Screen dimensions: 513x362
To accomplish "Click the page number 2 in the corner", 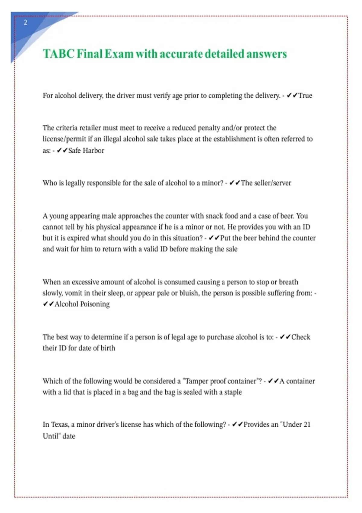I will (x=25, y=22).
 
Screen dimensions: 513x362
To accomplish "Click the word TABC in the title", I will (x=59, y=54).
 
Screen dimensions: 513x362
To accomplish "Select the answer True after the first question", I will (x=305, y=96).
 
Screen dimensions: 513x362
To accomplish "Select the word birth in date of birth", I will (x=108, y=348).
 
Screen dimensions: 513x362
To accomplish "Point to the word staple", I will (x=233, y=392).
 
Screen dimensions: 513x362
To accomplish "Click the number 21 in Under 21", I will (x=307, y=425).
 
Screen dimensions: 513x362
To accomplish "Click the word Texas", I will (x=59, y=425).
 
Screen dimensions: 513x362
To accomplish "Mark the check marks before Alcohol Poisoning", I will (x=48, y=304).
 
